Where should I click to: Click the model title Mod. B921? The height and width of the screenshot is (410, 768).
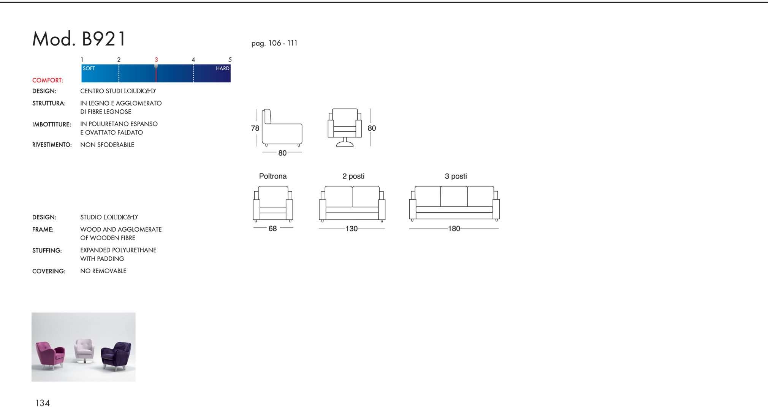pos(79,39)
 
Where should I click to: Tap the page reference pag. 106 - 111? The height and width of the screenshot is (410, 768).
pos(274,43)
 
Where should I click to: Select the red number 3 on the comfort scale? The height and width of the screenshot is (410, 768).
pos(156,60)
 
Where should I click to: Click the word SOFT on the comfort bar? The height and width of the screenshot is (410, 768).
pos(89,68)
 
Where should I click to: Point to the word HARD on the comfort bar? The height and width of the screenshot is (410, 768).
pos(223,68)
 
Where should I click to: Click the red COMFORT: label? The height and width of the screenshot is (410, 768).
pos(48,80)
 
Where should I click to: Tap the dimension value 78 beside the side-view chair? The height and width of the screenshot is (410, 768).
pos(255,128)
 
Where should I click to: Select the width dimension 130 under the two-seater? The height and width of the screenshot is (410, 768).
pos(352,229)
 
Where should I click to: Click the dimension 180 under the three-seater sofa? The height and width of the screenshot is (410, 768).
pos(454,229)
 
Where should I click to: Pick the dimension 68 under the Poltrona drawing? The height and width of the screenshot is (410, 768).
pos(272,229)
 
